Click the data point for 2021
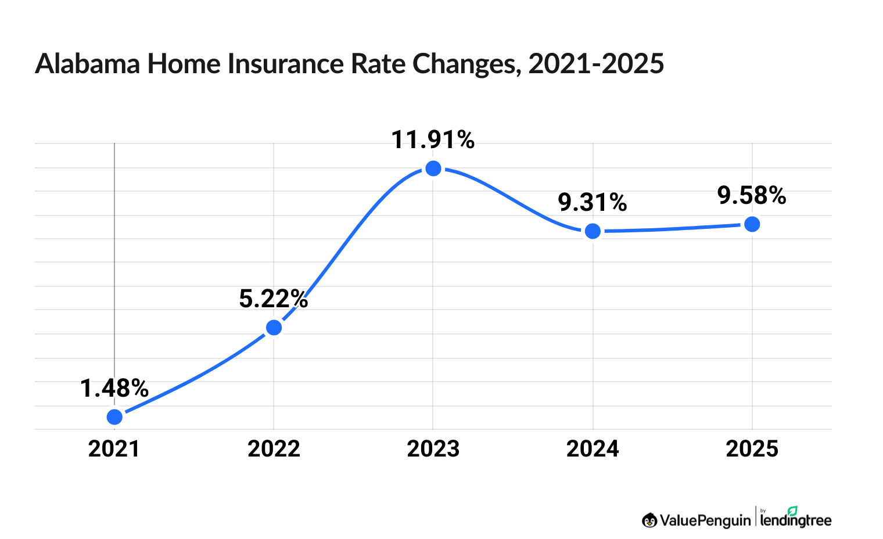(114, 416)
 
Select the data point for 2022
(274, 328)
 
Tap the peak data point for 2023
(433, 168)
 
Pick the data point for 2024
(593, 231)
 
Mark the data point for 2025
(752, 224)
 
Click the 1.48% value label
(114, 389)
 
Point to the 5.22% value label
(273, 299)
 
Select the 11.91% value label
(433, 140)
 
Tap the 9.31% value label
(593, 202)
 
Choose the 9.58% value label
(752, 196)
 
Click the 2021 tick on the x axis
(114, 449)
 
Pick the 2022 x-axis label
(274, 449)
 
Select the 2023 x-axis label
(433, 449)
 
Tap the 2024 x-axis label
(593, 449)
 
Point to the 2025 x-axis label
(752, 449)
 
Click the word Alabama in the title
(88, 64)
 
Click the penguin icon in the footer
(649, 520)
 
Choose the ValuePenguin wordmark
(705, 520)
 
